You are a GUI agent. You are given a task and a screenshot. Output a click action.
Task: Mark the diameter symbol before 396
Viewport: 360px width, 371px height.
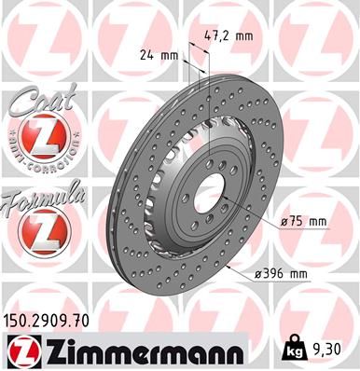click(x=258, y=274)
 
